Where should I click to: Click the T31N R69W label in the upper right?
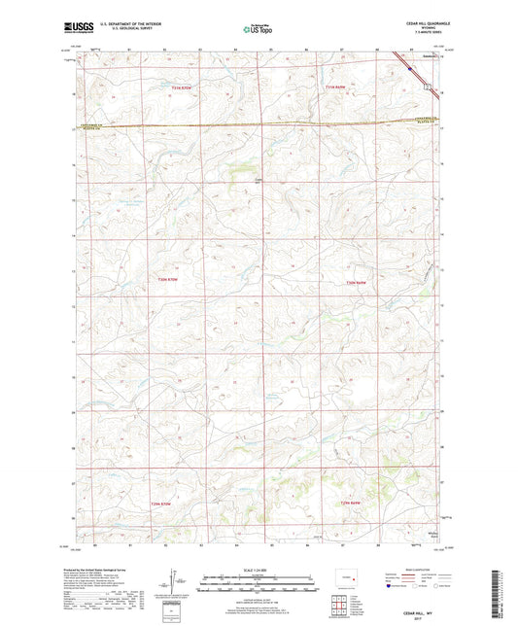pyautogui.click(x=335, y=88)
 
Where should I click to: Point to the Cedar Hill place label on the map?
pyautogui.click(x=259, y=177)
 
